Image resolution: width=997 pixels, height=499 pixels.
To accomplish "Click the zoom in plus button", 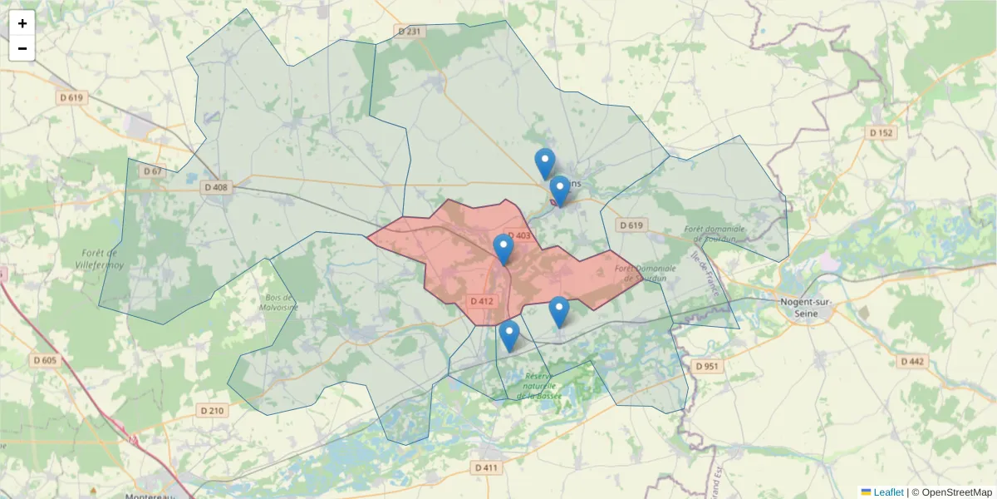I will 22,23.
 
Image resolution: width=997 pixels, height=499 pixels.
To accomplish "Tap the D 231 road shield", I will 409,32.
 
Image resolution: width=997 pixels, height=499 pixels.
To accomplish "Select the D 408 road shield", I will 215,187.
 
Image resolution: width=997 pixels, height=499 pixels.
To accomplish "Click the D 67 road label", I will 152,170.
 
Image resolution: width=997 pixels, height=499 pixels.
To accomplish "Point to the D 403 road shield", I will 518,236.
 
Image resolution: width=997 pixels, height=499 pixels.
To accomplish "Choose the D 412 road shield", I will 482,301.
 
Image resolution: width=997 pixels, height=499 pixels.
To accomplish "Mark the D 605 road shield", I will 45,360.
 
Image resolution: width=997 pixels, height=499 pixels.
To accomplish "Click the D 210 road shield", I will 213,410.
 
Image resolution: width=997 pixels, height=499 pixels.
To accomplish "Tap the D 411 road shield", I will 486,467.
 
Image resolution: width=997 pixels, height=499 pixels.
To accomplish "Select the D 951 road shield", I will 707,366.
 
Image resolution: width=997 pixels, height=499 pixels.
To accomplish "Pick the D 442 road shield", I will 911,361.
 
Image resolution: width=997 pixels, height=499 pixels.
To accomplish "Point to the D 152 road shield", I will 881,132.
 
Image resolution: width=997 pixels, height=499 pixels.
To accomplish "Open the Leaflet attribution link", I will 888,492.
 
